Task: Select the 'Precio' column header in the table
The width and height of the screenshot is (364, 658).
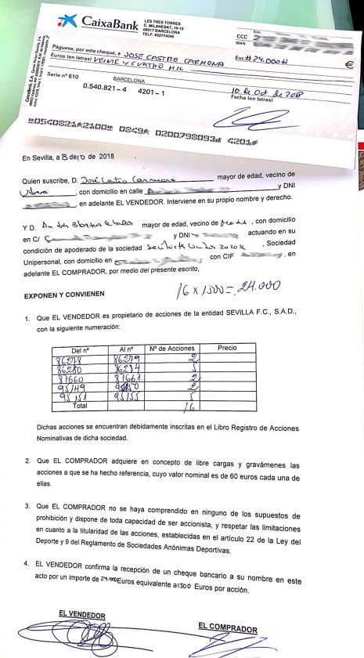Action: click(x=227, y=347)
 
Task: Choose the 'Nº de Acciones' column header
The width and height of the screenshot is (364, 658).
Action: click(x=172, y=347)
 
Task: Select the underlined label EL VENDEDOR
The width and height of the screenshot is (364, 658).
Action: click(x=81, y=616)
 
